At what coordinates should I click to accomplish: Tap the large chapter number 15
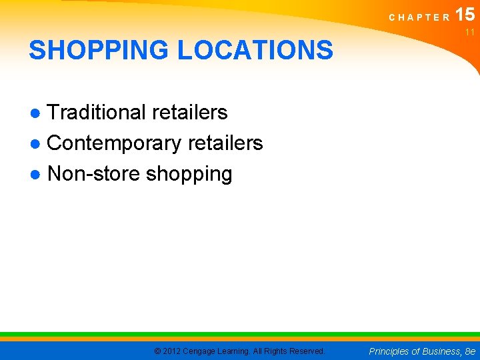pyautogui.click(x=465, y=15)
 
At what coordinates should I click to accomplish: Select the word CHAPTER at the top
pyautogui.click(x=419, y=18)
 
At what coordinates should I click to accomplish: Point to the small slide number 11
pyautogui.click(x=469, y=32)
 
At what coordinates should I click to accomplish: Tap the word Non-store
pyautogui.click(x=94, y=174)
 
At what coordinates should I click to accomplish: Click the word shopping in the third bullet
pyautogui.click(x=189, y=175)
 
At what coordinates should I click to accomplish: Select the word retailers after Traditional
pyautogui.click(x=190, y=113)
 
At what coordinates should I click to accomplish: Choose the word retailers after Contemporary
pyautogui.click(x=225, y=143)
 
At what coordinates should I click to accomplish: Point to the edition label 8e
pyautogui.click(x=471, y=351)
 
